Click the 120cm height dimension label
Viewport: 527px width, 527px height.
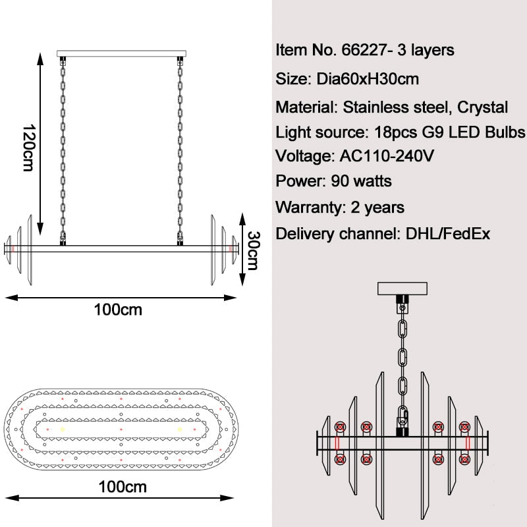(27, 148)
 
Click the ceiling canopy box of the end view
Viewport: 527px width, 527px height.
(402, 289)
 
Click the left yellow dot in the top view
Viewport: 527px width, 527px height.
(63, 430)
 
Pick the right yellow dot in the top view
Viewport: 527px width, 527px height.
(179, 430)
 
